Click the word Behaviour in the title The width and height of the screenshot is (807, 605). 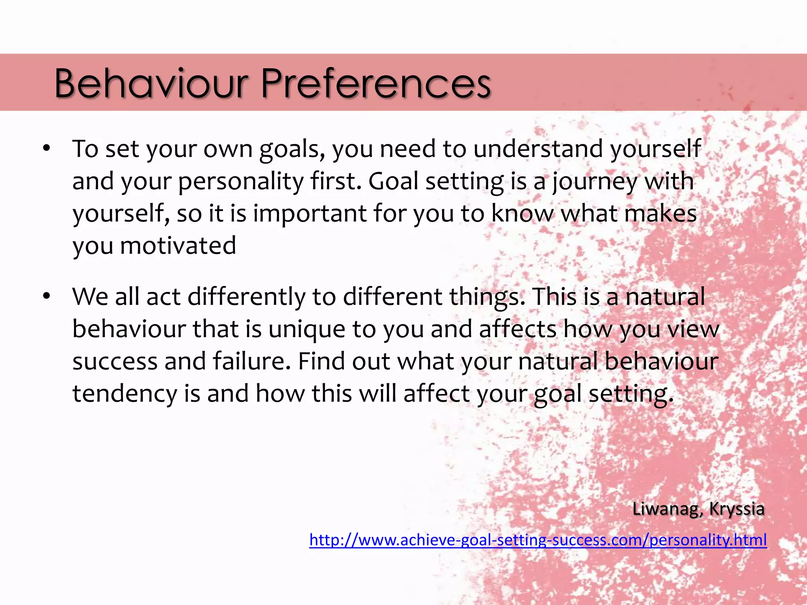152,83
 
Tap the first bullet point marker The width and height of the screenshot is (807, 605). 47,149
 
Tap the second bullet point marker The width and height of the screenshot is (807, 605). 47,296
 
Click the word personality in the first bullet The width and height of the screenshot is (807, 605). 241,182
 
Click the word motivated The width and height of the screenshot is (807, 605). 178,246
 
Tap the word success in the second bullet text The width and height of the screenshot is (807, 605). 115,362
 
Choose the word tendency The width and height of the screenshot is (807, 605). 125,394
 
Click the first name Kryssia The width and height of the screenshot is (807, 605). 736,509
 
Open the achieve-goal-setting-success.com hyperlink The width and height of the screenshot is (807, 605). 538,540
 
